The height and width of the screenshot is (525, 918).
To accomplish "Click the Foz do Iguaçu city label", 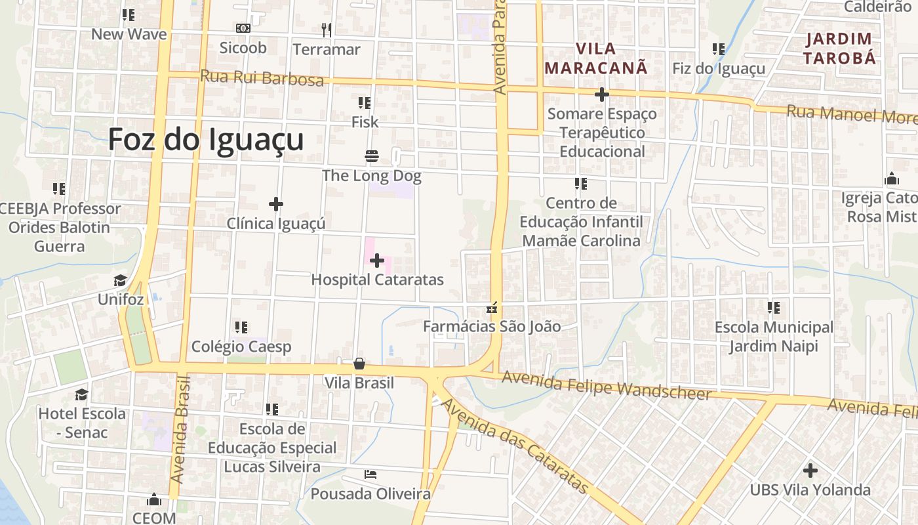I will (205, 140).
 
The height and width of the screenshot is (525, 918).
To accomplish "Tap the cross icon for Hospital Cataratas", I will (377, 261).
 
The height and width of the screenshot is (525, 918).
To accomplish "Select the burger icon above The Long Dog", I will (372, 156).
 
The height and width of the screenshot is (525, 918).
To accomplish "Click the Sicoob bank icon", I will (243, 28).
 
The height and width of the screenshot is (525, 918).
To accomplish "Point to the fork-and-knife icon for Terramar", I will (327, 30).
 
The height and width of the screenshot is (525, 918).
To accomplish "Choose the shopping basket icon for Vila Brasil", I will (359, 364).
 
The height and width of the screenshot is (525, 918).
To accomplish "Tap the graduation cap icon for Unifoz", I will (120, 281).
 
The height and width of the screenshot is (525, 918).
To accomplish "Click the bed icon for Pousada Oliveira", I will (370, 474).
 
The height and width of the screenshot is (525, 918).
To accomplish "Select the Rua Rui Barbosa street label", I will (262, 77).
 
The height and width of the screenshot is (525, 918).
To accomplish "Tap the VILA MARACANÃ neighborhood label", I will (596, 58).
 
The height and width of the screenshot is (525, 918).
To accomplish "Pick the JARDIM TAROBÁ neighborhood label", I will (840, 48).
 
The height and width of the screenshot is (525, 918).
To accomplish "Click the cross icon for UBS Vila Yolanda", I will (810, 470).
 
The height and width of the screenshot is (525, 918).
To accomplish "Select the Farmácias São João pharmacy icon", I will (492, 307).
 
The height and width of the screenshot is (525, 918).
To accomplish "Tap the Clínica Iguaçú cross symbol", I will (276, 204).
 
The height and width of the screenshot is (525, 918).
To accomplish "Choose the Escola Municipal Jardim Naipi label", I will (774, 336).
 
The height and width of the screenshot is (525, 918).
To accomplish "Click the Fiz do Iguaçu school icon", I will (719, 49).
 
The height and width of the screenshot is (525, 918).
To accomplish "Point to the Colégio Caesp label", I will (241, 346).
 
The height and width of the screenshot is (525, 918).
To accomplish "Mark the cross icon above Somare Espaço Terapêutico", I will (602, 94).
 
